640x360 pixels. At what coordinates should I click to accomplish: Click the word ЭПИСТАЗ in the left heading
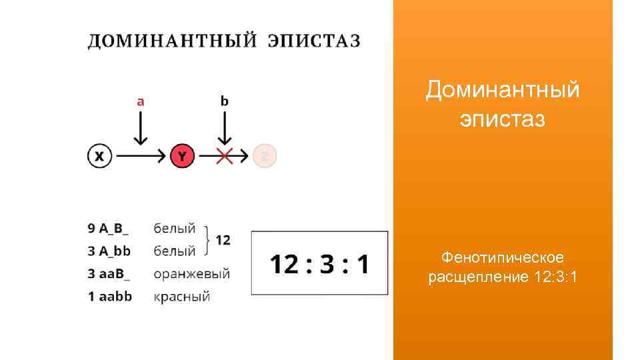(313, 41)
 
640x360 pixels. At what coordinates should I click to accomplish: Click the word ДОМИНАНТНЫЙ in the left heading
(173, 41)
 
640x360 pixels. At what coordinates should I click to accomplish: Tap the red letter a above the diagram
(140, 101)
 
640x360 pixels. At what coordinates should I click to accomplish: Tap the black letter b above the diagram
(225, 101)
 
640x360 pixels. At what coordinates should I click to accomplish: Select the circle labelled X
(99, 157)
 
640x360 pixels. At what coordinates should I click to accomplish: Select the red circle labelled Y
(182, 157)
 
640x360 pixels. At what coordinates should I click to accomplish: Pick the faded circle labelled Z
(265, 157)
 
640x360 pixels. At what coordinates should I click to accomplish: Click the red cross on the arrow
(225, 157)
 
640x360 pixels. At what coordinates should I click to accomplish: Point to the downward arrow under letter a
(140, 128)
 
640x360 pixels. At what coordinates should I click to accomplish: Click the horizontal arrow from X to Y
(140, 157)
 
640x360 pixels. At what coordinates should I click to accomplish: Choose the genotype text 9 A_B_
(109, 229)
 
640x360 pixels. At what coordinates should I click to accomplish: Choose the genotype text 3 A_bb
(109, 251)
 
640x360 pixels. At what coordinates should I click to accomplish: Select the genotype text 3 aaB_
(109, 274)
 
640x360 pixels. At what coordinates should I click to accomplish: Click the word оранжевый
(191, 274)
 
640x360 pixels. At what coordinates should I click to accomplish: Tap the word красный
(182, 297)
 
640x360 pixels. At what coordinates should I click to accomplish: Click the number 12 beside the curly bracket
(223, 240)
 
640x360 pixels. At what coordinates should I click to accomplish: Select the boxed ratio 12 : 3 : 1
(319, 264)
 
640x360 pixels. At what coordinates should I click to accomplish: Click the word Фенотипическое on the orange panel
(503, 257)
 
